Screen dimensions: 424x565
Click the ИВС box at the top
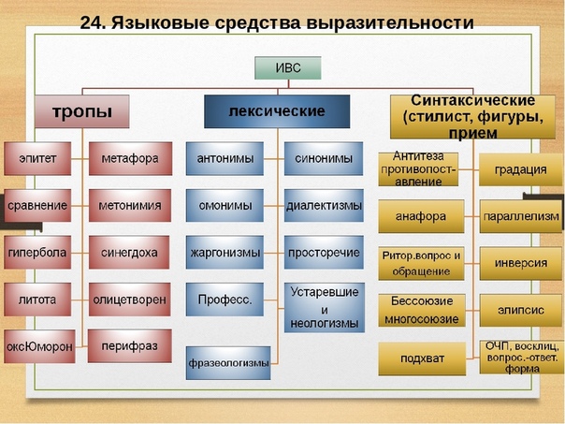pyautogui.click(x=288, y=67)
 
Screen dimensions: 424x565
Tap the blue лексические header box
pyautogui.click(x=276, y=111)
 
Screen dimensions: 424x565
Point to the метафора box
pyautogui.click(x=130, y=159)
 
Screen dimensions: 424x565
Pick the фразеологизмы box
pyautogui.click(x=228, y=362)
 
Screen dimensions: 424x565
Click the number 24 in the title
pyautogui.click(x=93, y=21)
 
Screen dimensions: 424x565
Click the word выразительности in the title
pyautogui.click(x=393, y=21)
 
